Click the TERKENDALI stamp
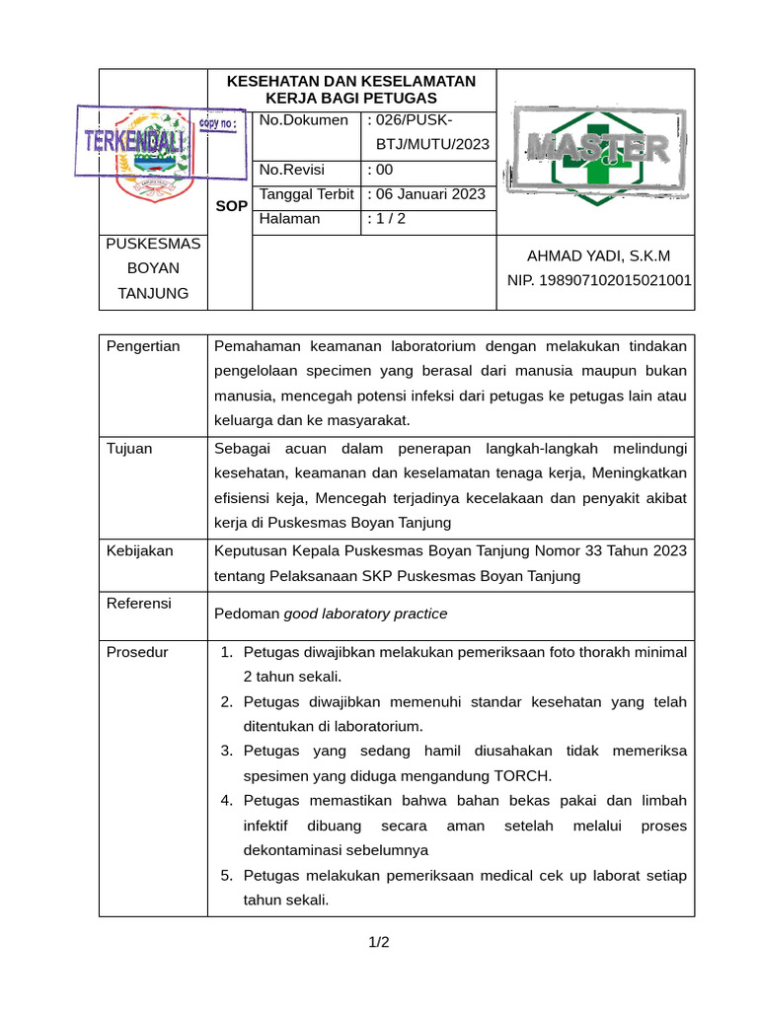point(135,141)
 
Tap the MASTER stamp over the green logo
point(597,149)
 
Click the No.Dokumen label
point(303,120)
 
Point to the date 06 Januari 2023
point(429,194)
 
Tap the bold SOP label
point(231,206)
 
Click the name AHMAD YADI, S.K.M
point(598,255)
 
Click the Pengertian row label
point(143,346)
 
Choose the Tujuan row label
point(129,449)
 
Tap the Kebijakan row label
point(139,550)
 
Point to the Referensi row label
point(139,603)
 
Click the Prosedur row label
point(137,652)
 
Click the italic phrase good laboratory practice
point(365,613)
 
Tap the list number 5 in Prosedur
point(226,875)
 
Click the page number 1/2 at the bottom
point(379,943)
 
